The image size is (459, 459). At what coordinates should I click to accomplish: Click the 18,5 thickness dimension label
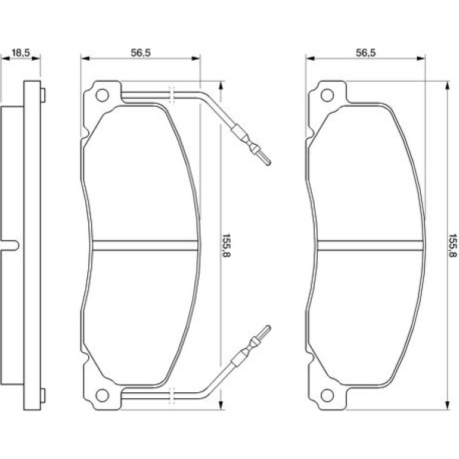21,53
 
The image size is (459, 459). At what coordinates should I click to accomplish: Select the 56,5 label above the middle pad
141,53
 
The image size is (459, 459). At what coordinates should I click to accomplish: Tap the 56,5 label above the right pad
365,53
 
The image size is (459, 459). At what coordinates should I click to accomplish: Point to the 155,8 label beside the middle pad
227,246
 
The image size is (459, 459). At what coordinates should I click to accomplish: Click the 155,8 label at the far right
453,246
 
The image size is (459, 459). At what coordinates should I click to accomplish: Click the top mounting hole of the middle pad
102,95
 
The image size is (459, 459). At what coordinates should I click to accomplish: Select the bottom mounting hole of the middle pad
102,395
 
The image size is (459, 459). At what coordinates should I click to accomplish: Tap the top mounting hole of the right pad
327,95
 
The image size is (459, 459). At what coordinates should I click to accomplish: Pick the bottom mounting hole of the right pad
327,395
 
